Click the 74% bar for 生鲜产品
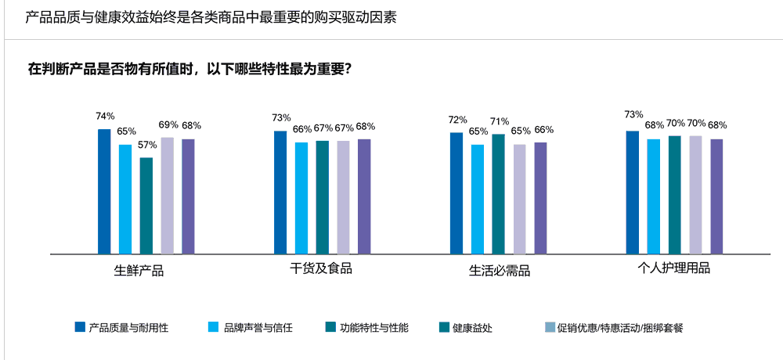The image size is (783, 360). [x=104, y=192]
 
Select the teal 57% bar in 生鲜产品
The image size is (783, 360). [x=146, y=206]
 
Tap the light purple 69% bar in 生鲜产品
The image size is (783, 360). [x=167, y=196]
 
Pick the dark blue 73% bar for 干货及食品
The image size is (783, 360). [x=280, y=193]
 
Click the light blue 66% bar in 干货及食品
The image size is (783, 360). [x=301, y=198]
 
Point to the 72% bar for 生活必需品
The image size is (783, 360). [x=456, y=193]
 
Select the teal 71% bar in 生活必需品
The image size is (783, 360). [x=499, y=194]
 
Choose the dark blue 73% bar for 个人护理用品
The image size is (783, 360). [x=633, y=193]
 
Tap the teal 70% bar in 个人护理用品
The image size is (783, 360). [x=675, y=195]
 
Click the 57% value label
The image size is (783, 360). [x=147, y=146]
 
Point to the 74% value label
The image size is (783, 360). [x=105, y=117]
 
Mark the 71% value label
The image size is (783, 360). [x=500, y=121]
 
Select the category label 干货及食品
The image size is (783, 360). [x=321, y=269]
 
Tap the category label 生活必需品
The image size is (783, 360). [x=500, y=271]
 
